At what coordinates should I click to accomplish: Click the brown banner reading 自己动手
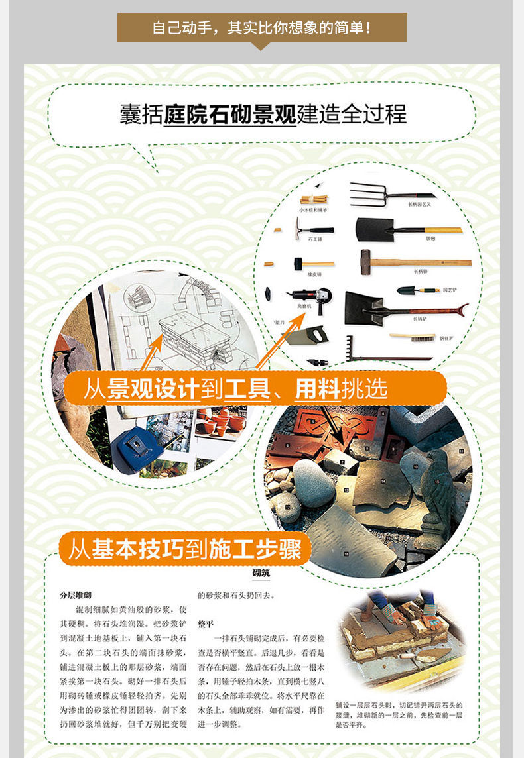tap(262, 28)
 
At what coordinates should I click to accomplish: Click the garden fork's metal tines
tap(367, 193)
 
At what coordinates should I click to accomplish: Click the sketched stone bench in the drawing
tap(194, 341)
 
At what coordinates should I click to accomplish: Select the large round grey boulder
tap(313, 483)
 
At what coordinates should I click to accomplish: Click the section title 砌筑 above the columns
tap(261, 573)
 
